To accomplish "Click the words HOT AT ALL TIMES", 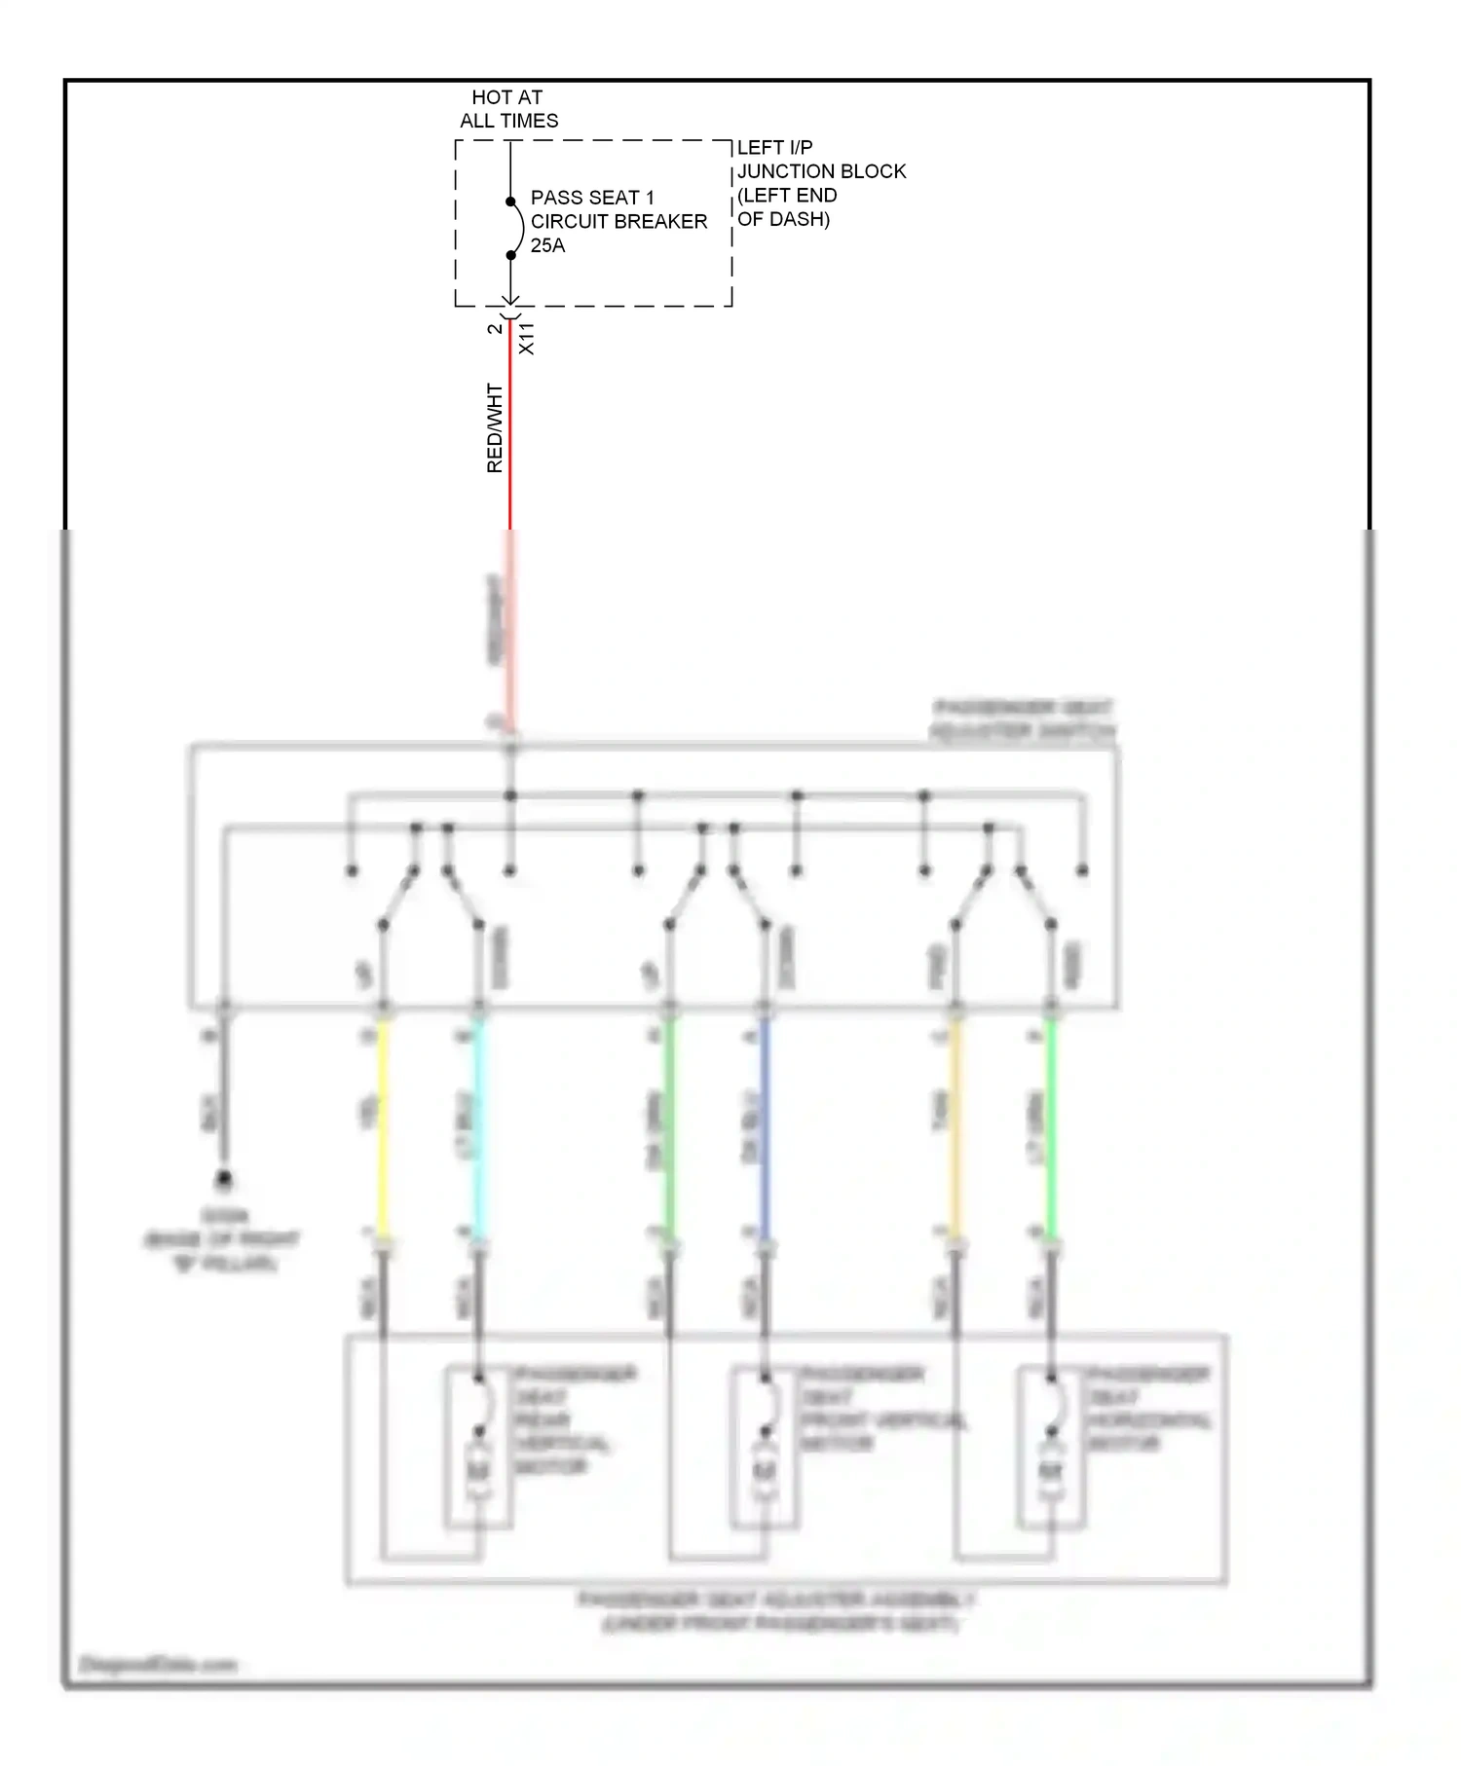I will pyautogui.click(x=507, y=109).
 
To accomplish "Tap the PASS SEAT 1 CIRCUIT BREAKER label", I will pyautogui.click(x=618, y=209).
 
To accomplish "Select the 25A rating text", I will pyautogui.click(x=547, y=245).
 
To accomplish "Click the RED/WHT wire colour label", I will pyautogui.click(x=495, y=428).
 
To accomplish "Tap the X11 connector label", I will pyautogui.click(x=527, y=338).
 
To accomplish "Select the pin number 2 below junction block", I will pyautogui.click(x=495, y=328).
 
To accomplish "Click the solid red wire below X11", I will pyautogui.click(x=509, y=438).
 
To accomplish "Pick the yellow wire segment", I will pyautogui.click(x=383, y=1129).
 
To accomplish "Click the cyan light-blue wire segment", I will pyautogui.click(x=478, y=1129).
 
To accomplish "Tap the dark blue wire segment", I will pyautogui.click(x=765, y=1129).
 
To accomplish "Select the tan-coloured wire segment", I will pyautogui.click(x=955, y=1129).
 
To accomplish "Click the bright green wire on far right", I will pyautogui.click(x=1051, y=1129).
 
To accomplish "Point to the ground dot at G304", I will pyautogui.click(x=224, y=1179).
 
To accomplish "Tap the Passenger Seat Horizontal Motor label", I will pyautogui.click(x=1147, y=1408).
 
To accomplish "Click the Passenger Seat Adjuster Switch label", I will pyautogui.click(x=1023, y=718).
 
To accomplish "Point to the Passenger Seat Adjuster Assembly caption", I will pyautogui.click(x=777, y=1612).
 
